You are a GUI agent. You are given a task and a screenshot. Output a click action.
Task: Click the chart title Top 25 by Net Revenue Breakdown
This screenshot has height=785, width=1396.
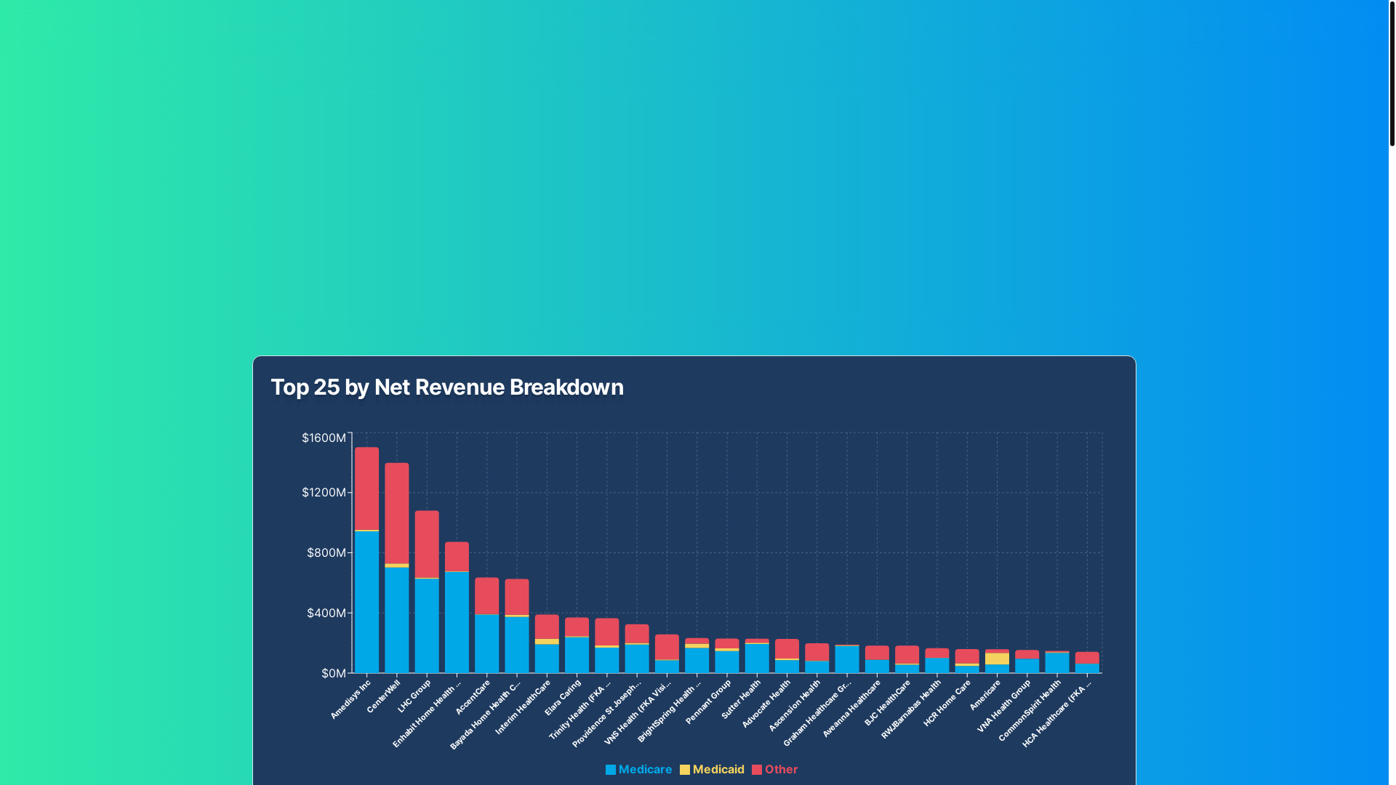[447, 387]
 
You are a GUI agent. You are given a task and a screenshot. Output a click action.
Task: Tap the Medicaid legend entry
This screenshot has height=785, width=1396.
[712, 769]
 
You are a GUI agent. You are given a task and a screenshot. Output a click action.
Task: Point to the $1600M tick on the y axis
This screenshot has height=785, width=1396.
[324, 438]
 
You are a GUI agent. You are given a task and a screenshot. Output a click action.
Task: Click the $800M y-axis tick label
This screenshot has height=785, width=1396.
[326, 552]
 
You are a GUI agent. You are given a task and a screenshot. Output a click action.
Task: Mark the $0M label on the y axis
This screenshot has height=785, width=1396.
[334, 673]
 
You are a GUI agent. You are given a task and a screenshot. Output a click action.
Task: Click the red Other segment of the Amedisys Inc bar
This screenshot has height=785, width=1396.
[366, 488]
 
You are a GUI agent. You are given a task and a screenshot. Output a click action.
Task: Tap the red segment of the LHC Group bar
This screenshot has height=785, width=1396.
[427, 544]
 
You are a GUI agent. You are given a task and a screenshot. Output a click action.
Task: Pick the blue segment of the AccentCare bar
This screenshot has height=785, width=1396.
[487, 643]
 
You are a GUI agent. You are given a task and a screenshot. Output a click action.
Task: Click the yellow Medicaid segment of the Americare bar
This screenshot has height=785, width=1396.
[997, 659]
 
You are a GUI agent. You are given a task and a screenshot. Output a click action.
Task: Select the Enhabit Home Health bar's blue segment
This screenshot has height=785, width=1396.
[457, 622]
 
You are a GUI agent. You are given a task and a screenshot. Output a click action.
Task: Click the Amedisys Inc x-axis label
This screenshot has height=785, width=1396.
[351, 699]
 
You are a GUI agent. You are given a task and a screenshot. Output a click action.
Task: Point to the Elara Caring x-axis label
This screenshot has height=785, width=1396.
[563, 697]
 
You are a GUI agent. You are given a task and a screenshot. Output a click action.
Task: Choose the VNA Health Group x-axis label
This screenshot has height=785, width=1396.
[1005, 705]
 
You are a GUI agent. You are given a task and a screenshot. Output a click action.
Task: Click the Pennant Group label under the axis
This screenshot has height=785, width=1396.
[709, 701]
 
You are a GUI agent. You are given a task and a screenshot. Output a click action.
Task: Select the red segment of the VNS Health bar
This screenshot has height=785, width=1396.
[667, 647]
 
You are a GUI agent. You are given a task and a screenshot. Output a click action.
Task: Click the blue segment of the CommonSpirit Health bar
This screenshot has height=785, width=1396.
[1056, 663]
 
